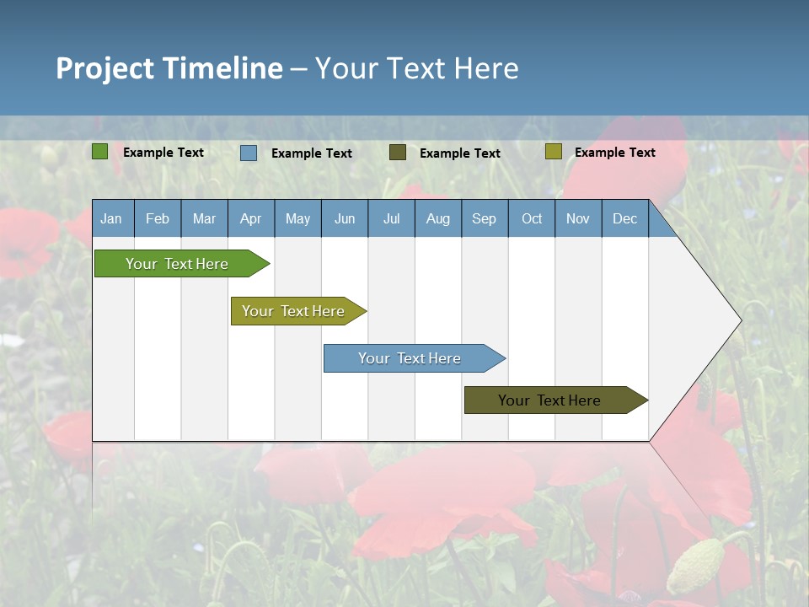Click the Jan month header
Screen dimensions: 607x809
(x=111, y=218)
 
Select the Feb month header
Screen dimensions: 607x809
(x=158, y=218)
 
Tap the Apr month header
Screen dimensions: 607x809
(x=250, y=218)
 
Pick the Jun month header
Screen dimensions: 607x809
(x=345, y=218)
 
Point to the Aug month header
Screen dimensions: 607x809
(x=437, y=218)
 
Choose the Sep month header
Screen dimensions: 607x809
(x=484, y=218)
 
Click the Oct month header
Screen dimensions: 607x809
(x=532, y=218)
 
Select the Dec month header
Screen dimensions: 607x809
(x=624, y=218)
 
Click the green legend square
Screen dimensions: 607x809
(x=100, y=152)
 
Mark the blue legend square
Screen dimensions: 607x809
(x=249, y=153)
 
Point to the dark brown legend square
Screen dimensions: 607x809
(x=398, y=153)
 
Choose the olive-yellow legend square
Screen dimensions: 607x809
(x=553, y=152)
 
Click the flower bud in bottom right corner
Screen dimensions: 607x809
(x=697, y=562)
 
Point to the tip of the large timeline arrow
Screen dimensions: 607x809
(x=740, y=320)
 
